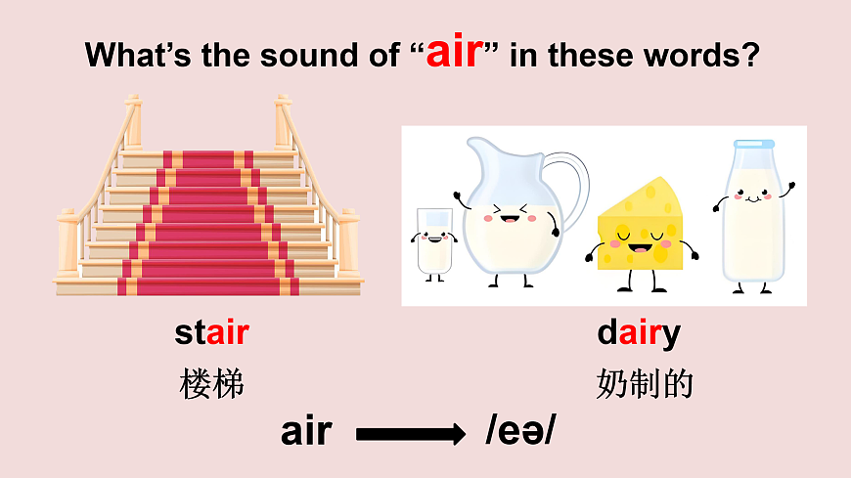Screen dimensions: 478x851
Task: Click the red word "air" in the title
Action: [455, 52]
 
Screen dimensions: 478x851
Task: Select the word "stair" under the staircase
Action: [211, 333]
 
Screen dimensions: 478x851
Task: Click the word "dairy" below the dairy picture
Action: [638, 334]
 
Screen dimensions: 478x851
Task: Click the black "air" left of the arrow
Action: [305, 431]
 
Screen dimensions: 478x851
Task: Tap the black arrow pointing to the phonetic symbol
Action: [410, 434]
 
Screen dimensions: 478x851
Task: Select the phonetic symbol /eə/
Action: [519, 431]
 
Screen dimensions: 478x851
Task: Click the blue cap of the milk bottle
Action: [753, 146]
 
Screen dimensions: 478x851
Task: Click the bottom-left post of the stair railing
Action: [67, 244]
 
